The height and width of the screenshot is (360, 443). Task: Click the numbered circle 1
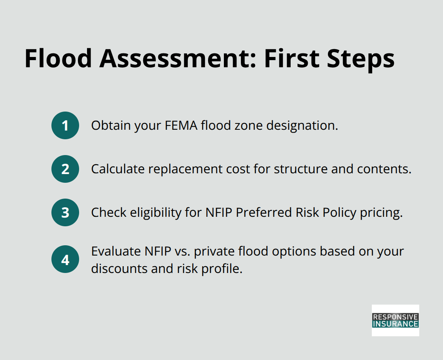pyautogui.click(x=65, y=125)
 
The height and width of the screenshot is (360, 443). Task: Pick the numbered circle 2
pyautogui.click(x=65, y=169)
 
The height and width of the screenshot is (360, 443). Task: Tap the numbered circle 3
pyautogui.click(x=65, y=212)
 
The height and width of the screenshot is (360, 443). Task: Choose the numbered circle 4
pyautogui.click(x=65, y=260)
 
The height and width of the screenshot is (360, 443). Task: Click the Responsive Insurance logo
pyautogui.click(x=395, y=320)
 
